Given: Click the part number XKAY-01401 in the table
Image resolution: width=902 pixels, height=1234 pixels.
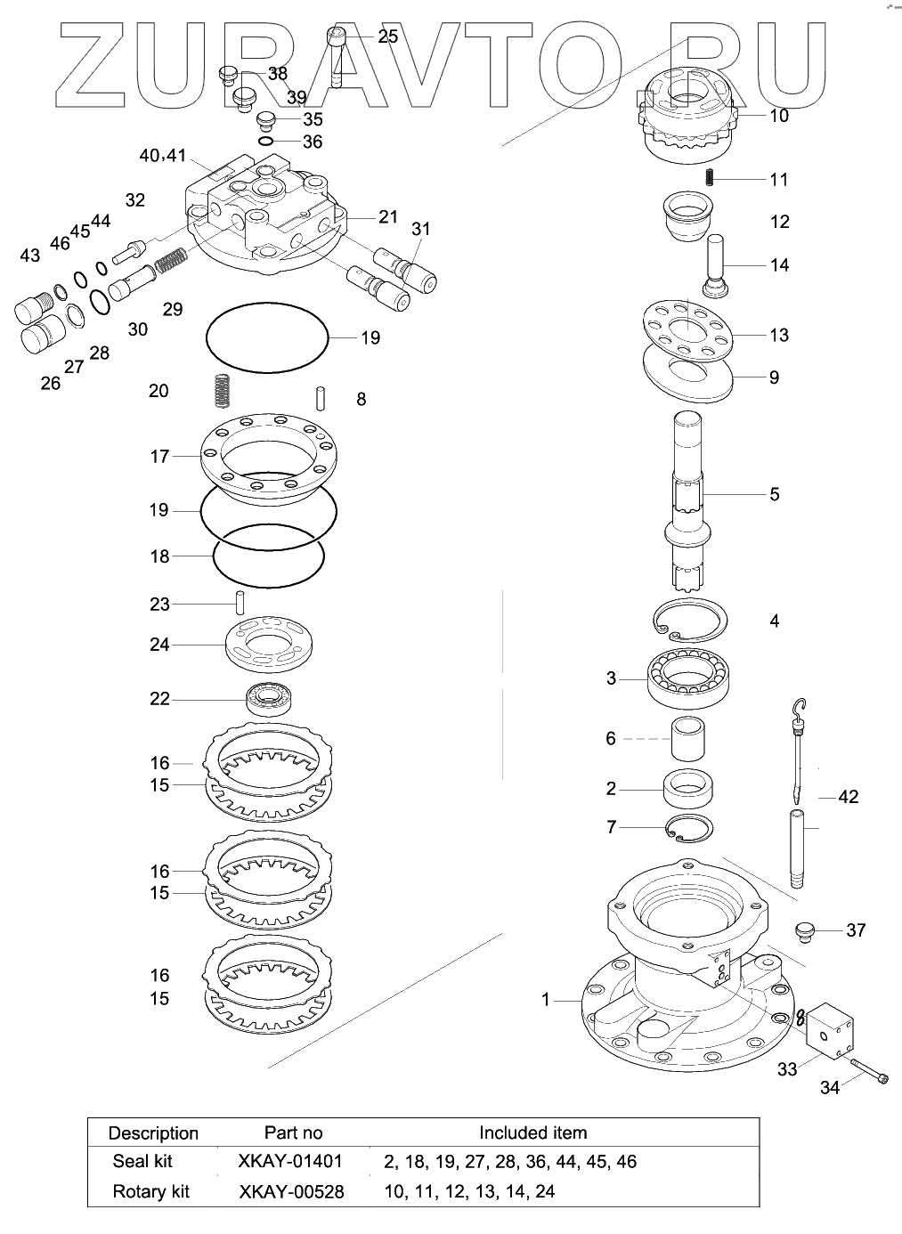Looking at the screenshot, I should [x=290, y=1161].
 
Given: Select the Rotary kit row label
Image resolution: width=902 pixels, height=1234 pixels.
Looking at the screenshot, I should [x=150, y=1191].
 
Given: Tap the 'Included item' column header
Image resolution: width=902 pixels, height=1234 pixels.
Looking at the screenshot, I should [x=532, y=1133].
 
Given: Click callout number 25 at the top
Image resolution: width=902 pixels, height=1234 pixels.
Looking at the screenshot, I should [x=388, y=37].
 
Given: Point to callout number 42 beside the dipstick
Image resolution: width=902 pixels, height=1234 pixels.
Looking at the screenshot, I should [x=848, y=796].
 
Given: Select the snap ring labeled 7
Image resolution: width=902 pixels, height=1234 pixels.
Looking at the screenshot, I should [x=689, y=828].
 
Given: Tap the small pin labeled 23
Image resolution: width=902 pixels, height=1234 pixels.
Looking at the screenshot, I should [x=240, y=603].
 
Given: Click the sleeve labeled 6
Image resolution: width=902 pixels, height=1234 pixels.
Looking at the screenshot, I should [x=690, y=738].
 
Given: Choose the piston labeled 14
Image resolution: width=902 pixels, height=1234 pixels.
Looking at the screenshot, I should [x=717, y=265].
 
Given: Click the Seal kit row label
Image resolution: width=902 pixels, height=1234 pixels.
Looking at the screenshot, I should [x=142, y=1161].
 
